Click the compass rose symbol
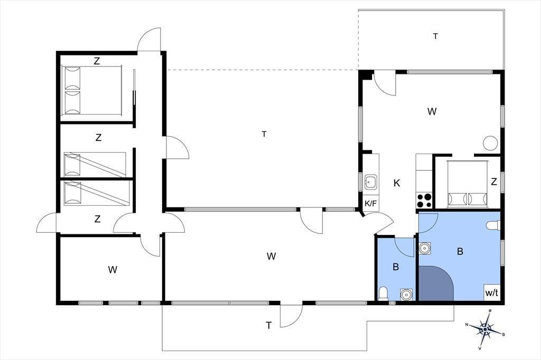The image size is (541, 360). click(x=485, y=329)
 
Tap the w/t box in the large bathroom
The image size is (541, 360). click(x=492, y=292)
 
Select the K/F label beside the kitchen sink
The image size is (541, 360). click(x=371, y=203)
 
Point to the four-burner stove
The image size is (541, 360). click(x=424, y=201)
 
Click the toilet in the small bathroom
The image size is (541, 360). click(x=383, y=293)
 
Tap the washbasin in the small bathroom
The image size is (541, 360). click(x=406, y=295)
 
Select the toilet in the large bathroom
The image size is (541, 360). click(x=493, y=225)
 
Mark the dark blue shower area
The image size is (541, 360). click(x=435, y=284)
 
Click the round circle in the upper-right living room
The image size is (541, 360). click(x=490, y=143)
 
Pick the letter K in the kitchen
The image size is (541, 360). click(x=397, y=183)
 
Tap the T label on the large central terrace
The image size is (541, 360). click(x=264, y=134)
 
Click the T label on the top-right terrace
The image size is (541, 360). click(x=435, y=36)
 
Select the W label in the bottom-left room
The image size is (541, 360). click(x=113, y=270)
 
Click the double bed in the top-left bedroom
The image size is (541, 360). click(x=91, y=90)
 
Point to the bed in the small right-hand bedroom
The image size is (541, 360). click(x=468, y=184)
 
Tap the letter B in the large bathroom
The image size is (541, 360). click(x=460, y=251)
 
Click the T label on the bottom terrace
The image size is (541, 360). click(x=268, y=325)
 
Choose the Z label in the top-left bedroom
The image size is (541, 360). click(x=97, y=61)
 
